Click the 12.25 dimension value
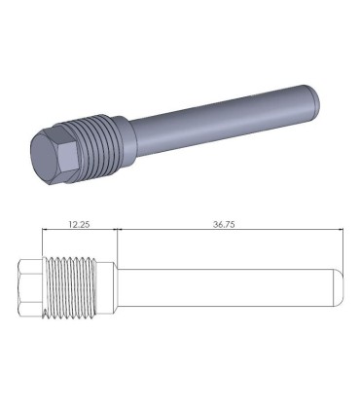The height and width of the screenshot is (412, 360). [x=78, y=224]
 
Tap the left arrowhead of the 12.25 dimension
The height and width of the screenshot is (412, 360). [x=45, y=231]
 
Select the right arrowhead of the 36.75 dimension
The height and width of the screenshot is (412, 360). [x=342, y=231]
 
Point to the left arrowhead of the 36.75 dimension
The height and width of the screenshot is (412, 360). [x=120, y=231]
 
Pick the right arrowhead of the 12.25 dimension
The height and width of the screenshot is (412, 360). [x=113, y=231]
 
